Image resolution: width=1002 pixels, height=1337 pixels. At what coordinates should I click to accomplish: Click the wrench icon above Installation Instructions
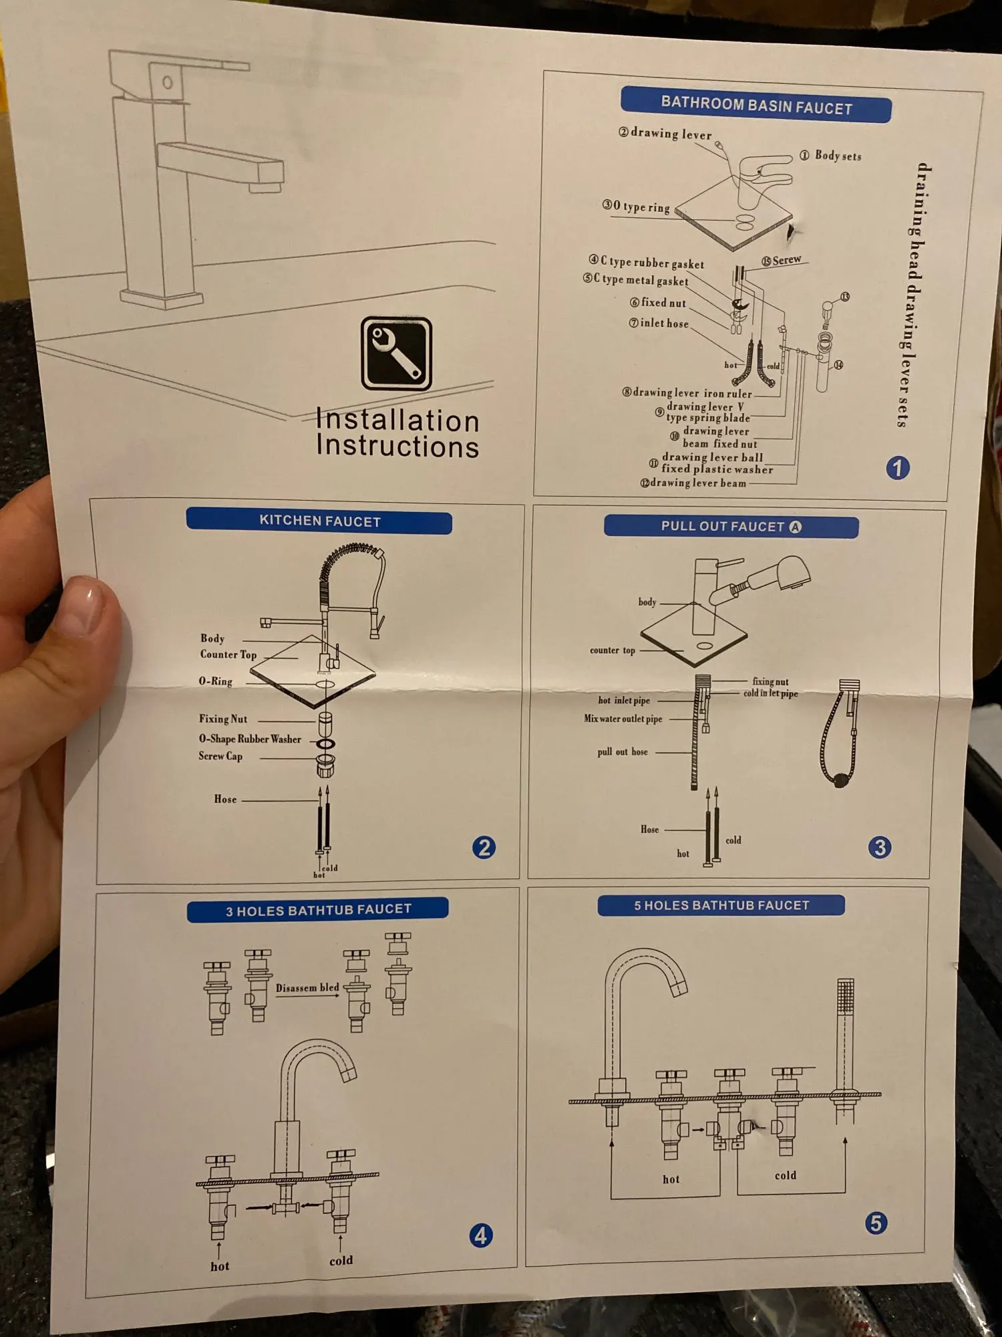click(396, 353)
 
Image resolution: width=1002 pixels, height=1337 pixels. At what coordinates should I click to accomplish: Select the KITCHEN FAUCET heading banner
click(319, 521)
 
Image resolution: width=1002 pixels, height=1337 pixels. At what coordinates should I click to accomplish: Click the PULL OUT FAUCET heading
click(731, 526)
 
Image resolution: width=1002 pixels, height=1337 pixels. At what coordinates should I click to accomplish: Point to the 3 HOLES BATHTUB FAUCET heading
click(318, 910)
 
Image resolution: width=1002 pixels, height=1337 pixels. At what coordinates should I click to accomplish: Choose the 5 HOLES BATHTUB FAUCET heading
click(721, 905)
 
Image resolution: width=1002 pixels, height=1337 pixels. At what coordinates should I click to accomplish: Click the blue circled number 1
click(897, 467)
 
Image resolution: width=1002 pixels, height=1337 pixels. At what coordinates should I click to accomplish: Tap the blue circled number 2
click(484, 847)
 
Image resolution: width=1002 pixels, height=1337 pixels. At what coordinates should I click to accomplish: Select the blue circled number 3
click(879, 847)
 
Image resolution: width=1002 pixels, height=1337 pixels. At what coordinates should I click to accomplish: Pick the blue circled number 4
click(480, 1235)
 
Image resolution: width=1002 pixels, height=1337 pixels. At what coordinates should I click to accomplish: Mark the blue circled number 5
click(876, 1223)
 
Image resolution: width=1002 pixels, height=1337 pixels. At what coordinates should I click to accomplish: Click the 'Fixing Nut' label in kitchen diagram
click(223, 719)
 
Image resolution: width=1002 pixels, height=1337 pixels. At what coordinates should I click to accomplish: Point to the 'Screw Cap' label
click(220, 756)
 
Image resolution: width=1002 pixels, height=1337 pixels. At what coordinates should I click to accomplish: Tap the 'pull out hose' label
click(622, 751)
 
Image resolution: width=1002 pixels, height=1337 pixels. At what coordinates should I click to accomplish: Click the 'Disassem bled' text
click(307, 987)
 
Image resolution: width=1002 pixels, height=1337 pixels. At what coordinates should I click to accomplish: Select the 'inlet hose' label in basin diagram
click(664, 323)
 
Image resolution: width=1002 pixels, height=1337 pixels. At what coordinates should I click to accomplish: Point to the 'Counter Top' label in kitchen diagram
click(228, 654)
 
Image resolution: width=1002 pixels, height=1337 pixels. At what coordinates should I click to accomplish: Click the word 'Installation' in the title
click(397, 420)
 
